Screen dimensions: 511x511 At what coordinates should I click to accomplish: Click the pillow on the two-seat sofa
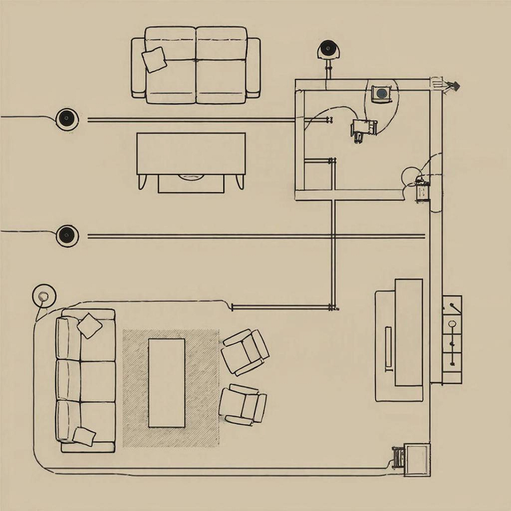click(154, 60)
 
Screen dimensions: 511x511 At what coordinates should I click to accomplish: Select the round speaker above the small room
click(327, 49)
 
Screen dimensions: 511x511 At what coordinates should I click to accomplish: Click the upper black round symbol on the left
click(66, 118)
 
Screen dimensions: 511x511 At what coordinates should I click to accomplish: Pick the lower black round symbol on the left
click(67, 235)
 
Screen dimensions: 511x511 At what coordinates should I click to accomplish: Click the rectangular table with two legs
click(191, 154)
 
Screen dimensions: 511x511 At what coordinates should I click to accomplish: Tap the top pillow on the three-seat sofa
click(90, 325)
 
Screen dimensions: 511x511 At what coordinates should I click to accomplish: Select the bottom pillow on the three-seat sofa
click(84, 436)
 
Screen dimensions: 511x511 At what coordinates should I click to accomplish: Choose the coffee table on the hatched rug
click(167, 383)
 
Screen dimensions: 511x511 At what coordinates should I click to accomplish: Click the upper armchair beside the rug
click(245, 352)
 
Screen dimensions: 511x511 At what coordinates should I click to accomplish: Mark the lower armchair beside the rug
click(243, 404)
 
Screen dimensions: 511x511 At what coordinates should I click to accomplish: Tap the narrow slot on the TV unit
click(388, 348)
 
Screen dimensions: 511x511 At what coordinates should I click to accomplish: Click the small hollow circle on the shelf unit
click(453, 324)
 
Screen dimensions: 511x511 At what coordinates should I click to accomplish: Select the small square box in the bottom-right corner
click(417, 460)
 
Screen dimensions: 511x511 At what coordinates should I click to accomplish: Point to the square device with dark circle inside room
click(382, 93)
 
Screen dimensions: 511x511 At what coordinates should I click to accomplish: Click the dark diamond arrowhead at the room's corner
click(454, 86)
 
